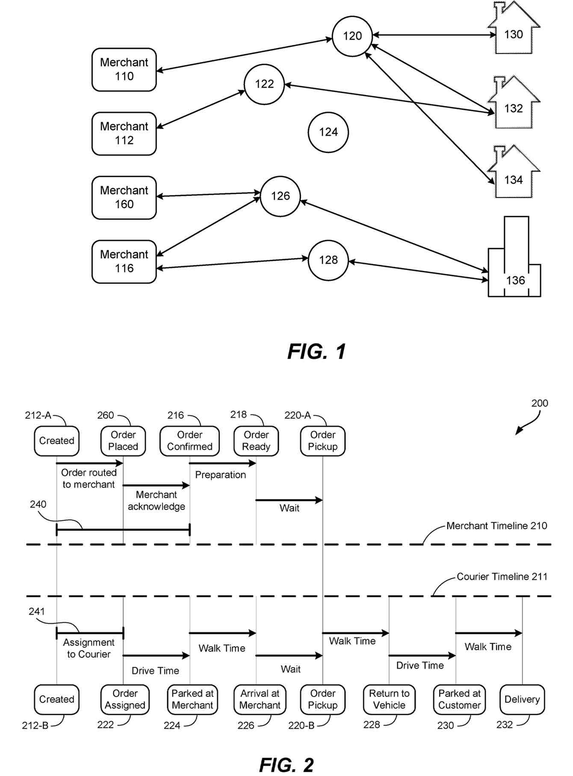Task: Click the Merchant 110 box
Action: click(x=124, y=70)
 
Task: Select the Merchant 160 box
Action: click(x=124, y=197)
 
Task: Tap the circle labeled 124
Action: click(x=328, y=132)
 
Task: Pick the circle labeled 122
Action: click(x=264, y=84)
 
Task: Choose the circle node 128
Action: click(x=328, y=260)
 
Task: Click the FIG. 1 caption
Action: click(x=316, y=352)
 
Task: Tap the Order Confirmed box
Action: click(x=189, y=441)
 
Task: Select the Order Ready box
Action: click(x=256, y=441)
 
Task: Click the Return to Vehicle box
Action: click(x=389, y=700)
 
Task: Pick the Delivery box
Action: click(x=522, y=700)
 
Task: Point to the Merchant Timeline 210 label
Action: click(x=496, y=526)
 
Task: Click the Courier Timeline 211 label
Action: click(x=502, y=577)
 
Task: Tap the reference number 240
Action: click(x=38, y=504)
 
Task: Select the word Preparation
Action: click(x=220, y=475)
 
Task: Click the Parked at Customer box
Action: click(x=459, y=700)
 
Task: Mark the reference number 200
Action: click(x=539, y=403)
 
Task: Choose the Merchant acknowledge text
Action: click(x=157, y=500)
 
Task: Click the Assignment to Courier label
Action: click(x=89, y=648)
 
